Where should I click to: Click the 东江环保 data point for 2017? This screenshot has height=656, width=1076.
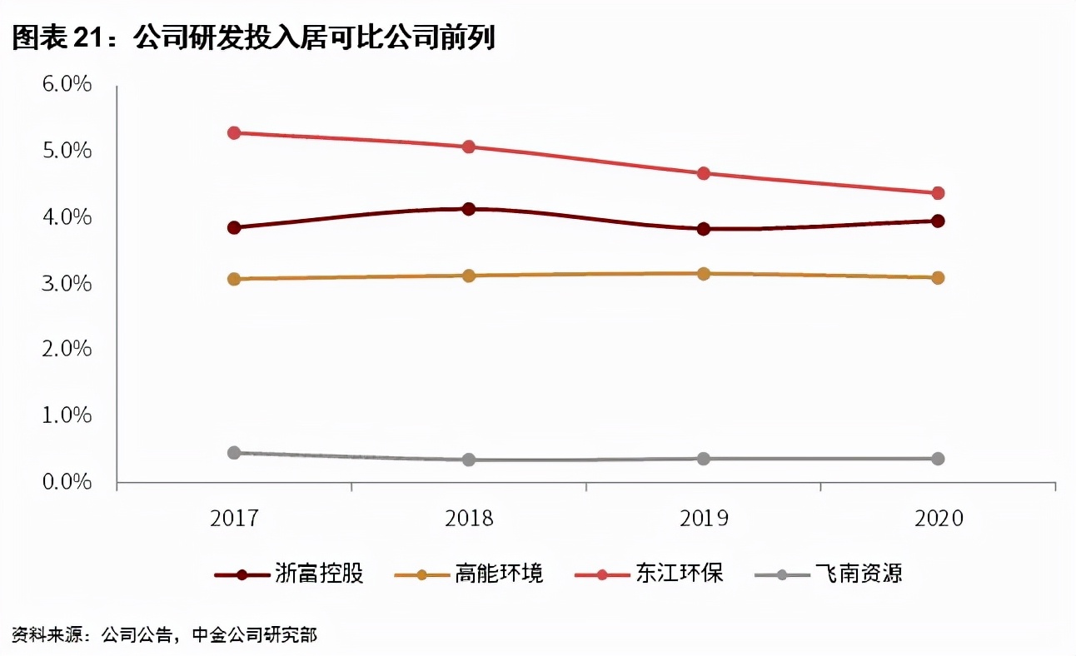(x=234, y=133)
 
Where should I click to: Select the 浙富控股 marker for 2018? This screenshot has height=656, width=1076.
(x=469, y=209)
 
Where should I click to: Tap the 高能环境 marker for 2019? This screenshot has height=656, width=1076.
(x=703, y=273)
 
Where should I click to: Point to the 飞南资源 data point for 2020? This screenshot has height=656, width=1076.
(x=938, y=459)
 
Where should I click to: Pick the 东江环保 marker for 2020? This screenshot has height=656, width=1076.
(x=938, y=193)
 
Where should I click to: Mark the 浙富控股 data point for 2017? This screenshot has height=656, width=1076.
(x=234, y=227)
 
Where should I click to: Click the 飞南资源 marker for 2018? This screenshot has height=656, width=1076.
(x=469, y=460)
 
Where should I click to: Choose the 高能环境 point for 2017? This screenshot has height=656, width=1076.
(x=234, y=279)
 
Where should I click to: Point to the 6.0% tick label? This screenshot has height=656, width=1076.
(x=63, y=85)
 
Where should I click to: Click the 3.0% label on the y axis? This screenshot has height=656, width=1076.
(x=63, y=283)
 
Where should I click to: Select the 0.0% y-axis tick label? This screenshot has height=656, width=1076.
(x=63, y=481)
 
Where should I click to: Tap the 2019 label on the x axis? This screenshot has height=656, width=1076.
(x=704, y=519)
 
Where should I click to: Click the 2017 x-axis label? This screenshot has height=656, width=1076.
(x=234, y=519)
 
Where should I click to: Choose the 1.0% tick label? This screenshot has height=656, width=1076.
(x=63, y=415)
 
